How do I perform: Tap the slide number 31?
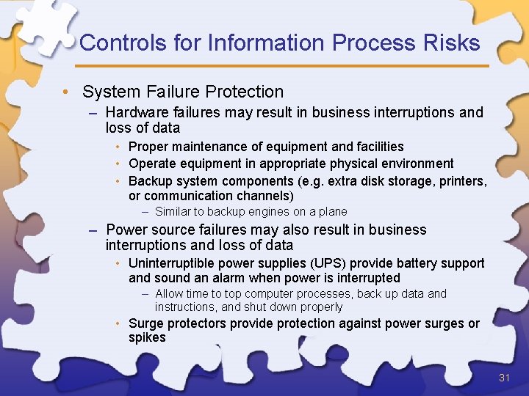[504, 378]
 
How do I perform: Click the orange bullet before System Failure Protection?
[66, 92]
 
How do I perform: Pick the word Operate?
[152, 164]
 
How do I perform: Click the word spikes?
[147, 338]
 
